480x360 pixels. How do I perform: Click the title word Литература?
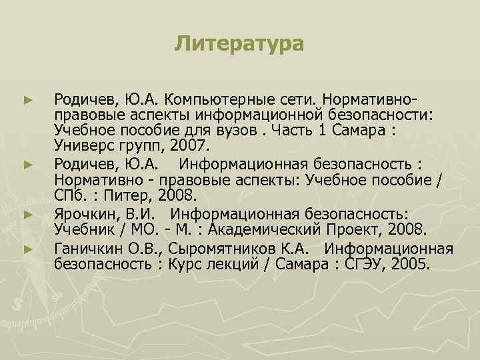tap(239, 45)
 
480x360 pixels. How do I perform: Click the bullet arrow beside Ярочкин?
tap(28, 214)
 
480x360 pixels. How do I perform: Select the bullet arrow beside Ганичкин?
tap(28, 249)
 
